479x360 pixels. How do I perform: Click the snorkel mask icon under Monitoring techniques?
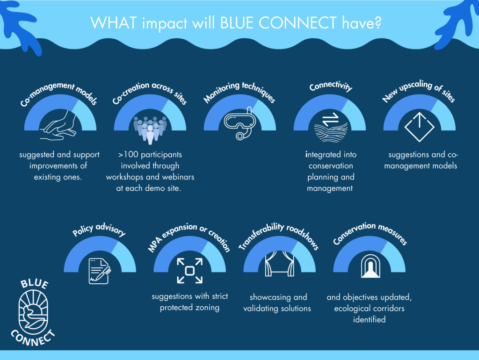tap(240, 122)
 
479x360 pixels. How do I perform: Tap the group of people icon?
tap(150, 130)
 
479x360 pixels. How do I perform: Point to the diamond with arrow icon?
tap(420, 127)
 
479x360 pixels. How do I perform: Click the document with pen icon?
tap(100, 271)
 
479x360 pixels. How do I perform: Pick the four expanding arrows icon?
tap(190, 271)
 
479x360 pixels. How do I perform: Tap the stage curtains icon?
tap(279, 264)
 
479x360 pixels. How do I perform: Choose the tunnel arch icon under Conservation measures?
tap(370, 266)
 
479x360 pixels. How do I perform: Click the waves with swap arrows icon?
tap(331, 127)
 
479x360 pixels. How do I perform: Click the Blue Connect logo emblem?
tap(33, 313)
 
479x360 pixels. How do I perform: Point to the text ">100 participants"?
tap(150, 154)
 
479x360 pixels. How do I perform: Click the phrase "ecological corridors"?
tap(369, 309)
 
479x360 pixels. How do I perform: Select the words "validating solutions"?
tap(277, 309)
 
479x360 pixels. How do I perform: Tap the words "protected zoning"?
tap(190, 308)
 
